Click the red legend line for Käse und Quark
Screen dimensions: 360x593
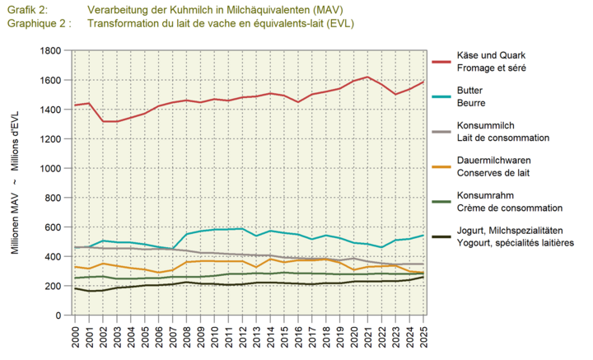point(445,61)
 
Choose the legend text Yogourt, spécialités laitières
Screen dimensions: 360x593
point(515,243)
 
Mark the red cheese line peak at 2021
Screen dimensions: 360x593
point(368,77)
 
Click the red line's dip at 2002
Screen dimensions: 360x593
point(103,122)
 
